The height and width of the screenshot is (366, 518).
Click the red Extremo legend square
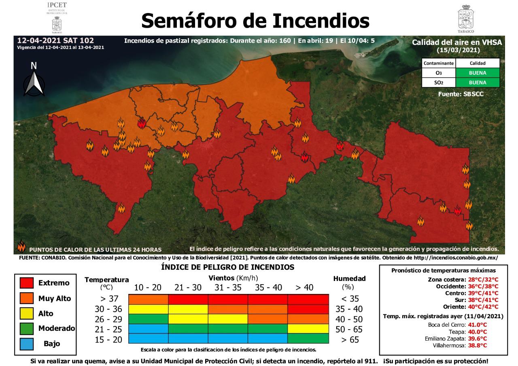[x=26, y=283]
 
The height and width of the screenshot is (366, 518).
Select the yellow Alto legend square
[x=26, y=313]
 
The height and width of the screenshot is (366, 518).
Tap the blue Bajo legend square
[x=26, y=343]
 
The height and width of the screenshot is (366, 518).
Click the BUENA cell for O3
[x=478, y=73]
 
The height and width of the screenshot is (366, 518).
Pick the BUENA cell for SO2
[x=478, y=83]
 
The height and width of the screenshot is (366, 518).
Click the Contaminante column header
[x=439, y=64]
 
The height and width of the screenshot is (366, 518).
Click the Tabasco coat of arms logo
[x=466, y=18]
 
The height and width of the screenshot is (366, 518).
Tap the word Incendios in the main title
[x=321, y=20]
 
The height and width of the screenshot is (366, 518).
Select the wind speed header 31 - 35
[x=228, y=287]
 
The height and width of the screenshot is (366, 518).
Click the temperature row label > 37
[x=108, y=299]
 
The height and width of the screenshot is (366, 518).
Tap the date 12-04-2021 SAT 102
[x=55, y=40]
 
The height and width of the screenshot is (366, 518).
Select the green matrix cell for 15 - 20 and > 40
[x=308, y=338]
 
